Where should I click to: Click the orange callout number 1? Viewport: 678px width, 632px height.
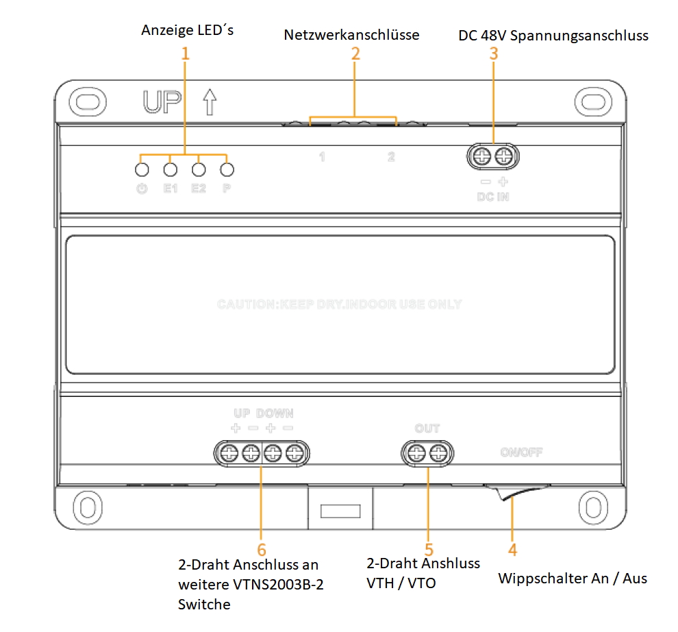(x=184, y=54)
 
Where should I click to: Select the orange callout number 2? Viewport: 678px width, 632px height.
(x=355, y=54)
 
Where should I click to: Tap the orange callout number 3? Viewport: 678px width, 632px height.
(x=494, y=54)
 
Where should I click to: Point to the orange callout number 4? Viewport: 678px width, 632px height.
(x=512, y=549)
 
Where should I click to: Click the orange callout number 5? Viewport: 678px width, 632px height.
(x=429, y=549)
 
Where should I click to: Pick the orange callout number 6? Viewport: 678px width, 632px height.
(x=261, y=549)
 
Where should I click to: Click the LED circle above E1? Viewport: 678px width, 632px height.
(x=171, y=169)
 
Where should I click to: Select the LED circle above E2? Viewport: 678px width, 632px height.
(x=199, y=169)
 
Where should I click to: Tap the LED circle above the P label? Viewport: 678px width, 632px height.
(x=227, y=169)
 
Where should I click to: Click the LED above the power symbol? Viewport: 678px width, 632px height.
(x=142, y=169)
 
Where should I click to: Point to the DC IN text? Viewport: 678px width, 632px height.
(x=493, y=197)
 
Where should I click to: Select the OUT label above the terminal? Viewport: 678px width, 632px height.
(x=427, y=428)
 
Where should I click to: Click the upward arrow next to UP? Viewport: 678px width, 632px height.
(x=210, y=101)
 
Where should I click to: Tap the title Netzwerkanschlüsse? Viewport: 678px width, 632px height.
(x=351, y=34)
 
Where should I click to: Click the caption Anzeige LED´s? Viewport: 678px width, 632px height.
(x=187, y=30)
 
